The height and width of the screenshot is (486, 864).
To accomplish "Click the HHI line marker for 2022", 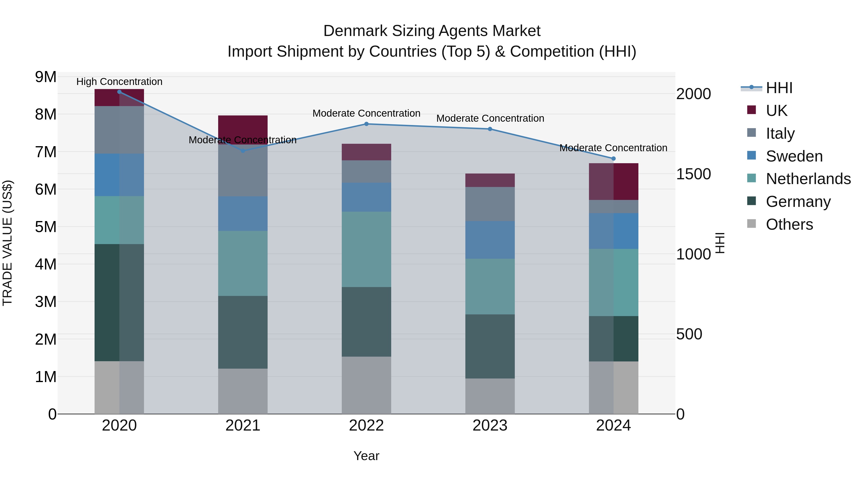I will [x=366, y=124].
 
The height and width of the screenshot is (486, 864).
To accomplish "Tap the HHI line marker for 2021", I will [x=243, y=151].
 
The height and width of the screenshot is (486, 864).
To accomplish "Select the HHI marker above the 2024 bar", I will [x=613, y=159].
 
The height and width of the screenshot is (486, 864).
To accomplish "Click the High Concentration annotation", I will [x=120, y=82].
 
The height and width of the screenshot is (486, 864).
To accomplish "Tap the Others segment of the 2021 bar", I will [x=243, y=391].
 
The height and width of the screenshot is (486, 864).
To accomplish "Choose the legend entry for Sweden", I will [x=794, y=156].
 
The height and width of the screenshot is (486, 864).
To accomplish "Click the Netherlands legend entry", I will [x=808, y=179].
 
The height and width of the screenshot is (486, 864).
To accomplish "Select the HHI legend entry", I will [x=779, y=88].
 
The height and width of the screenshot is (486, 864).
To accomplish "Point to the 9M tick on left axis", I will [x=46, y=77].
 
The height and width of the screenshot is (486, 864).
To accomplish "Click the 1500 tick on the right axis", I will [x=693, y=174].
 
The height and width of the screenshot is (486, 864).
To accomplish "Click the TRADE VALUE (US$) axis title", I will [x=7, y=243].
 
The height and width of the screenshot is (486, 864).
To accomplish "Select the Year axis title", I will [x=366, y=456].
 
